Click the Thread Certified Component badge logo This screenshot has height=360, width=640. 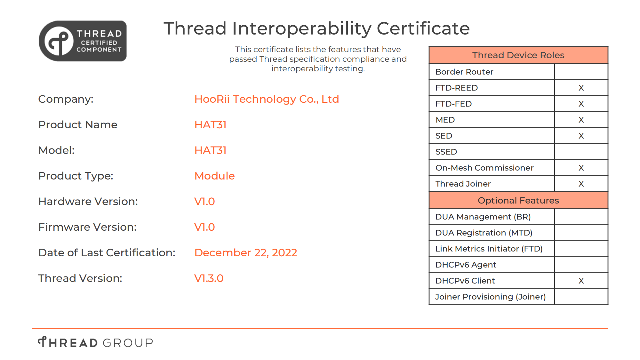tap(83, 41)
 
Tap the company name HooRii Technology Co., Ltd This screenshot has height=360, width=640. tap(267, 99)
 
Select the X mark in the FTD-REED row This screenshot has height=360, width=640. tap(581, 88)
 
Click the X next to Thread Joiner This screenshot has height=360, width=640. tap(581, 184)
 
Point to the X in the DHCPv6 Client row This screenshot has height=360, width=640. tap(581, 281)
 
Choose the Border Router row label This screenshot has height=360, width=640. tap(464, 72)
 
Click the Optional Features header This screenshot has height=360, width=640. tap(518, 200)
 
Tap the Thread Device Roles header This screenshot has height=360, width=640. tap(518, 55)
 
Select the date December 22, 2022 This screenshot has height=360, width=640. tap(246, 253)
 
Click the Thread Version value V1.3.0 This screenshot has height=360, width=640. tap(209, 278)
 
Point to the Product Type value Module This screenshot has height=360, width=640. tap(215, 176)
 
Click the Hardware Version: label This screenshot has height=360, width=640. tap(88, 202)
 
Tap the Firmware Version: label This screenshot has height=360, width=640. tap(87, 227)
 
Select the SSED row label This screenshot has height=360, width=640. tap(446, 152)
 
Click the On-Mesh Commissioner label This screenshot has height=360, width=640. tap(484, 168)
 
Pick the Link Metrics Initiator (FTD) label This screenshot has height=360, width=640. tap(489, 249)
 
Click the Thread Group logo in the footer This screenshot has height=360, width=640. tap(95, 342)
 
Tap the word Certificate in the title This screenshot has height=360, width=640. tap(423, 28)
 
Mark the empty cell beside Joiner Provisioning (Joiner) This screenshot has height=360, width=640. tap(581, 297)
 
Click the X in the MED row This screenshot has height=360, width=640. tap(581, 120)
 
